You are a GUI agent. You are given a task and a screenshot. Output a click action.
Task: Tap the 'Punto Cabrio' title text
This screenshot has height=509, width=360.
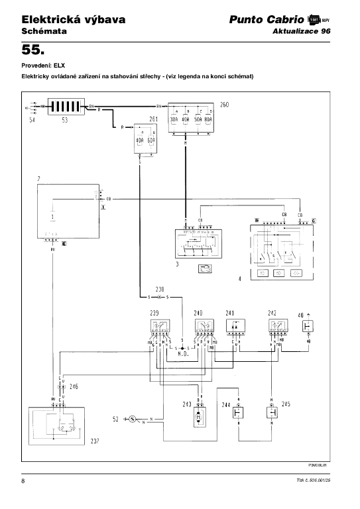point(267,20)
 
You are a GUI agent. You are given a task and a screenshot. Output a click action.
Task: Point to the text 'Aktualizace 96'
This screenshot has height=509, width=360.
point(301,31)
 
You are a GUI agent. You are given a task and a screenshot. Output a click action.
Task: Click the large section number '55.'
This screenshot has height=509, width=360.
point(33,50)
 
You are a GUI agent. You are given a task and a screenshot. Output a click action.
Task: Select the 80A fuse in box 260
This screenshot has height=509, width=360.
point(209,120)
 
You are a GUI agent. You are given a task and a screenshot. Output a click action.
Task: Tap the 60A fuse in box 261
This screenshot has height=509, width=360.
point(151,141)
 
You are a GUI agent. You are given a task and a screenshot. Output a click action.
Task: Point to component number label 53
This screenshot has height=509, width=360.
point(64,121)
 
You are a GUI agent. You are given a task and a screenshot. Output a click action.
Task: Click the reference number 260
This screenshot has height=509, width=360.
point(225,105)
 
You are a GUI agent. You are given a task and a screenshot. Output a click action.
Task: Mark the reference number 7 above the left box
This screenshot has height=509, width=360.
point(39,180)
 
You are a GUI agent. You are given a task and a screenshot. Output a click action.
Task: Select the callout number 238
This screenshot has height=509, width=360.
point(159,290)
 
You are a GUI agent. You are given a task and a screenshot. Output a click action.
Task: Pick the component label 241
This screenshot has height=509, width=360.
point(230,313)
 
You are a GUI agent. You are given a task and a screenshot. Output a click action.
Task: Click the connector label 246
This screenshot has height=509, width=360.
point(74,386)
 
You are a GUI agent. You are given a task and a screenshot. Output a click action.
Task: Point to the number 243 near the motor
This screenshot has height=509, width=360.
point(188,404)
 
